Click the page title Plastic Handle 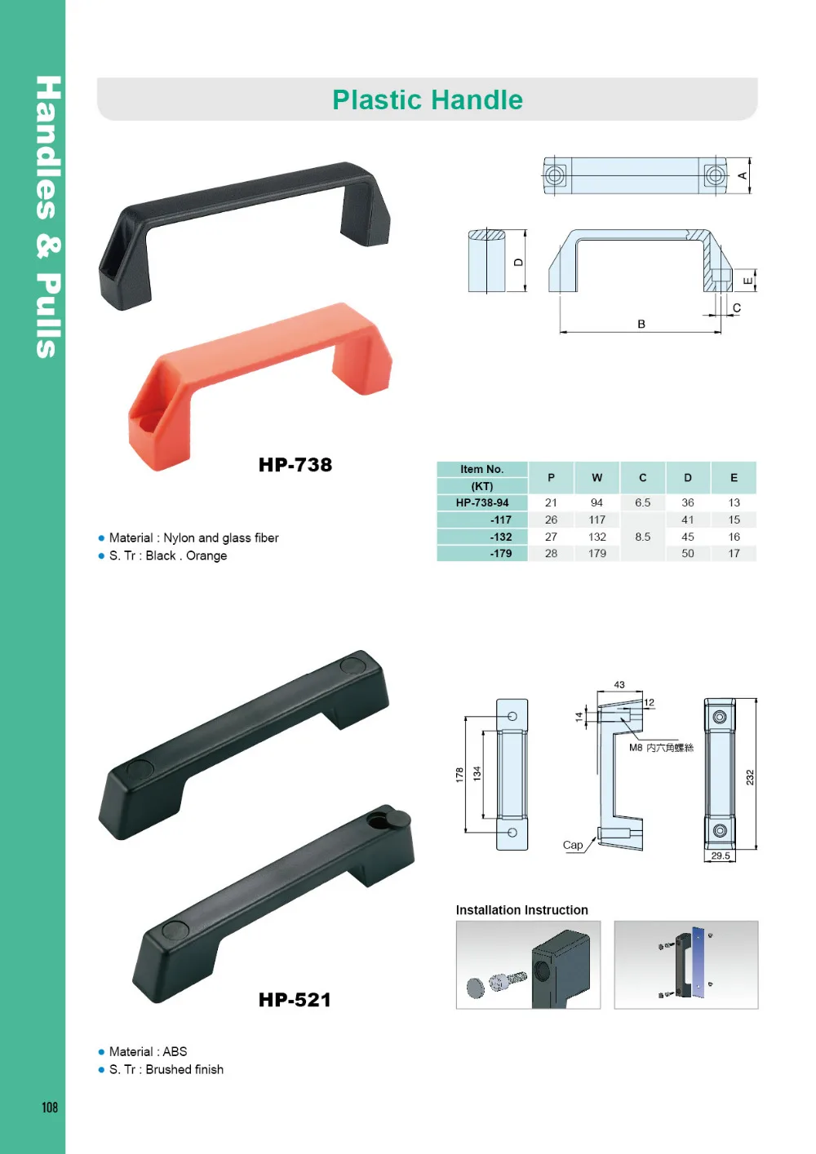427,99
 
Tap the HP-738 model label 295,465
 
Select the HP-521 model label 295,1000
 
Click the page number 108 50,1107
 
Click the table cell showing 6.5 643,503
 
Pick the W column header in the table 597,478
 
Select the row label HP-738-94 482,503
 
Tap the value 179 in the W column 597,554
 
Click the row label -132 501,537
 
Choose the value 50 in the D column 688,554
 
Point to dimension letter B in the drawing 641,324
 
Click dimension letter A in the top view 743,175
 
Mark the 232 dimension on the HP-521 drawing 750,777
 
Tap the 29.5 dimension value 721,856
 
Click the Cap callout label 573,845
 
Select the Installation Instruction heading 521,910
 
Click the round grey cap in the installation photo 475,988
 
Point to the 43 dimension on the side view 619,685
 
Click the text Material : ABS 148,1052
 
